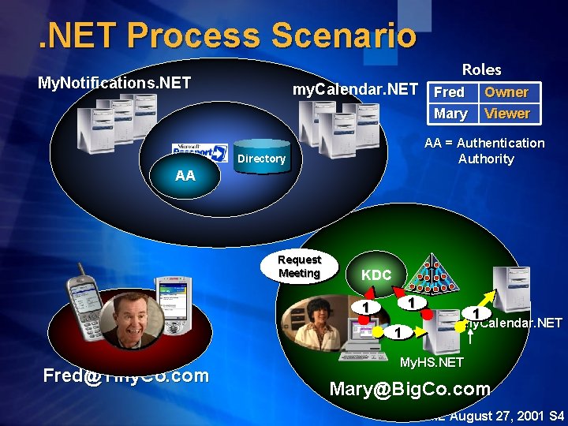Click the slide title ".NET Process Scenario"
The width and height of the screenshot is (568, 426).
click(228, 35)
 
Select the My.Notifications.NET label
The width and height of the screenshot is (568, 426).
click(114, 82)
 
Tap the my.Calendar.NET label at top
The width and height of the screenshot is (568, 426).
click(355, 90)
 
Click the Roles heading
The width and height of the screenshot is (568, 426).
click(481, 69)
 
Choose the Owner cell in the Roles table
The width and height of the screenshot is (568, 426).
click(506, 92)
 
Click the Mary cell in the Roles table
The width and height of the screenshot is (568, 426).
click(450, 114)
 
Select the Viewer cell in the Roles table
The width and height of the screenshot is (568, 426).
click(506, 114)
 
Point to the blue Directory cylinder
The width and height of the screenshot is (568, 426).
click(262, 158)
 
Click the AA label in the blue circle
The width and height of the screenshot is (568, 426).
click(185, 176)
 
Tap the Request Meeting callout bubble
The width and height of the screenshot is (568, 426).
click(300, 267)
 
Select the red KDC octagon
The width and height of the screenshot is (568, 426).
click(376, 275)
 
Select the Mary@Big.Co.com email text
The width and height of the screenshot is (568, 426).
click(409, 388)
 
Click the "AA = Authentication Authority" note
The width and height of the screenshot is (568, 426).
click(484, 151)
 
